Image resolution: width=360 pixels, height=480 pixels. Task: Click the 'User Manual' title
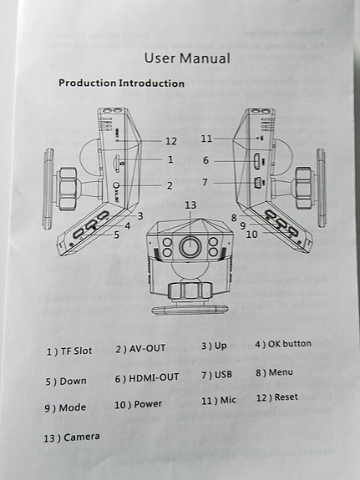pos(187,58)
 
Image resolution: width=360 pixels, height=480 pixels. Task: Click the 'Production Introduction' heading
pos(122,83)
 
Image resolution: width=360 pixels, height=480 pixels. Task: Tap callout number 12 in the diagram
pos(170,141)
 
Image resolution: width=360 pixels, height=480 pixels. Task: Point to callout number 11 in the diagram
pos(206,139)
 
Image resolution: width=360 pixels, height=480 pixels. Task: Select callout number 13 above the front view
pos(190,205)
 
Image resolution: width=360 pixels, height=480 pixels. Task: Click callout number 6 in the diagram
pos(205,160)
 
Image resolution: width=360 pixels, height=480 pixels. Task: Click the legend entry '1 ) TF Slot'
pos(69,351)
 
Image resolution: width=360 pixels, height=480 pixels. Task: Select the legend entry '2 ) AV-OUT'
pos(140,349)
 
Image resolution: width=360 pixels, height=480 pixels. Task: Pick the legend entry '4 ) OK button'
pos(283,344)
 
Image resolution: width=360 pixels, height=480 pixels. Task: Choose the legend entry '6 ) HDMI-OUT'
pos(147,378)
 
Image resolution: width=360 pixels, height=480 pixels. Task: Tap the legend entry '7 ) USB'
pos(216,375)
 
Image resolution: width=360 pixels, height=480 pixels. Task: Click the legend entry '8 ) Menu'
pos(274,372)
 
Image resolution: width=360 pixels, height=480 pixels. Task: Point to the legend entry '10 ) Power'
pos(138,405)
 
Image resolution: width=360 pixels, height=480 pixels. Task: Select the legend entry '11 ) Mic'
pos(218,401)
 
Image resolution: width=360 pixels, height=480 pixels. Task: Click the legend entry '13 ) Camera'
pos(71,437)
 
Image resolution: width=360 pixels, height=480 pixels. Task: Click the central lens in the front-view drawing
pos(190,247)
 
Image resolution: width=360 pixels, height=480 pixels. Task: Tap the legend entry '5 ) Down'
pos(66,381)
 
